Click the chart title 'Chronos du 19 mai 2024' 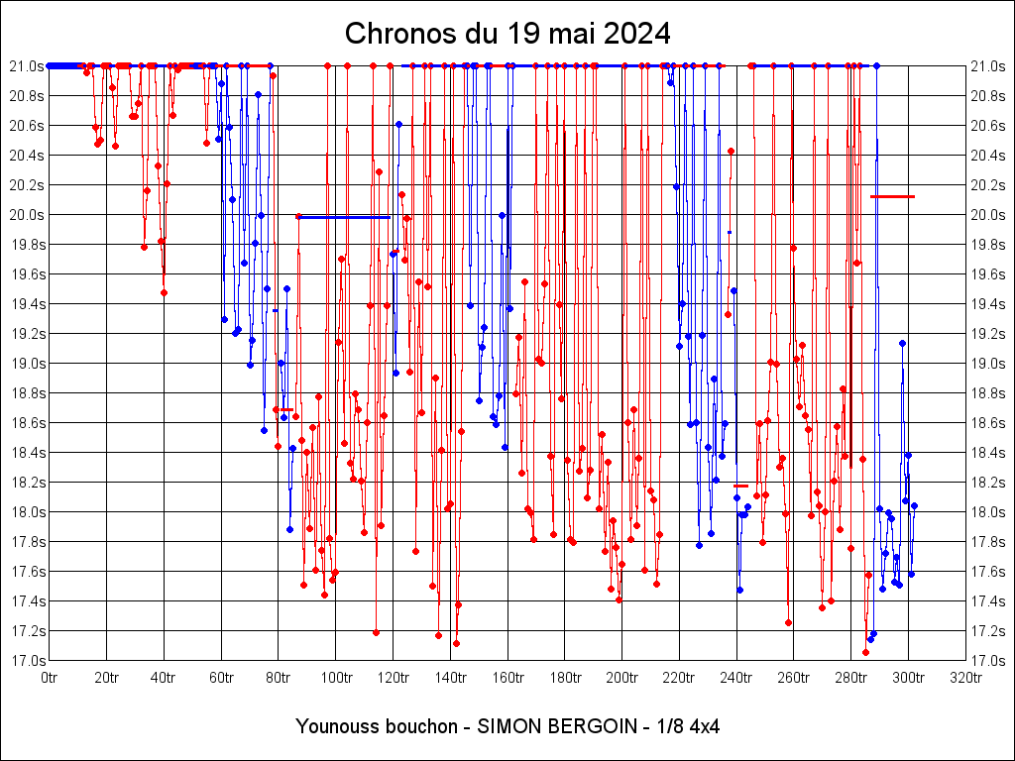[x=507, y=34]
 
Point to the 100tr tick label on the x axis [x=335, y=678]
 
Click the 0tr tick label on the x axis [x=50, y=678]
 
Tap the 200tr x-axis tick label [x=621, y=678]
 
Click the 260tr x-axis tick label [x=793, y=678]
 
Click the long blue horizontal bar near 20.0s [x=344, y=217]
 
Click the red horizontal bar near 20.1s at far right [x=892, y=197]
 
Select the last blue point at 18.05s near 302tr [x=914, y=505]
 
